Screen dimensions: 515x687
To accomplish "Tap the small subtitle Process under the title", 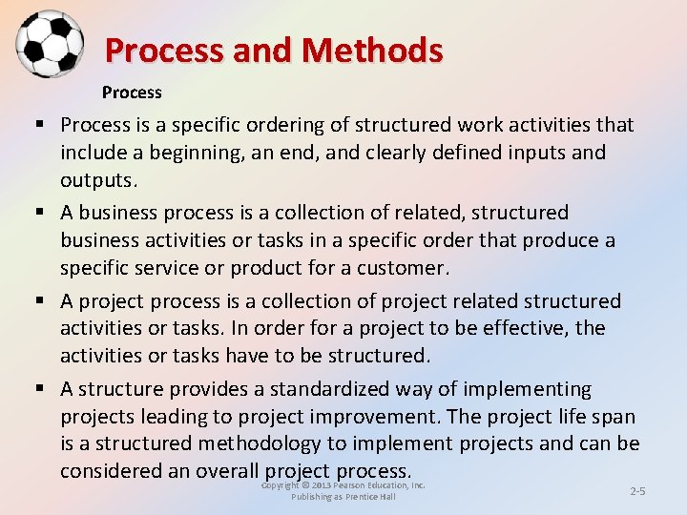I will (x=132, y=93).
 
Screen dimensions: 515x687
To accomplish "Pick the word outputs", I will (x=97, y=180).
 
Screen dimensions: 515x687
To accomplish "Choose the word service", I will (x=177, y=268).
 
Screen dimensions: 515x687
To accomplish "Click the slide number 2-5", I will (x=637, y=490).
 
